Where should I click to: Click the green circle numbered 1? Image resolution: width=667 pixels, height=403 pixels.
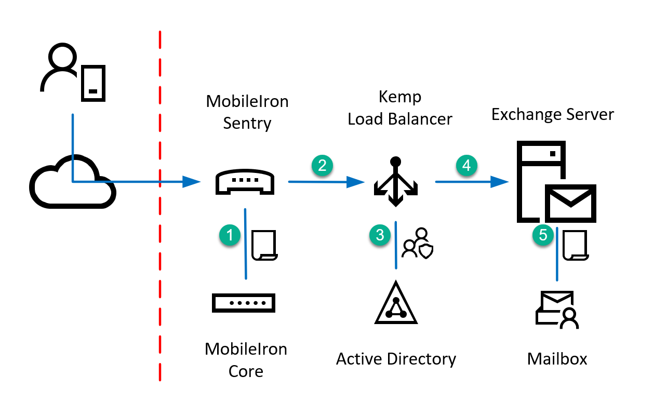(x=230, y=235)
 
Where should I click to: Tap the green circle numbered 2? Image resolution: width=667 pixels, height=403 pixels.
(x=322, y=165)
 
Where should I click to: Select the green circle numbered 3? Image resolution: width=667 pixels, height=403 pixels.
(x=380, y=235)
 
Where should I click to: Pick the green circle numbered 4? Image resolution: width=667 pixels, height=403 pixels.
(x=466, y=165)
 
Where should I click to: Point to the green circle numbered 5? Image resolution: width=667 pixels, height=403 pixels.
(x=543, y=235)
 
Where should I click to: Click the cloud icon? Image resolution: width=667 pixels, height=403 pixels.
(x=72, y=182)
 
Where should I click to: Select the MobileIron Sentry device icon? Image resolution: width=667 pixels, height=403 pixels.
(x=245, y=182)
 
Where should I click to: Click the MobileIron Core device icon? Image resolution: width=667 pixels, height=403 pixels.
(x=244, y=302)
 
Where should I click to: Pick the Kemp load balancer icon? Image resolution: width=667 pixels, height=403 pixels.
(x=396, y=182)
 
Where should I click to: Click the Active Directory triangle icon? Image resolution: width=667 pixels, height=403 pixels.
(x=396, y=305)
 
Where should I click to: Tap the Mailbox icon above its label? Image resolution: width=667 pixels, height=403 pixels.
(x=557, y=310)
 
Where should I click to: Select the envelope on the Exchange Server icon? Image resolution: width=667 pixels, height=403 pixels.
(x=570, y=203)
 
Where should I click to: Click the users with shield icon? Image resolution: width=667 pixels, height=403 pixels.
(x=419, y=244)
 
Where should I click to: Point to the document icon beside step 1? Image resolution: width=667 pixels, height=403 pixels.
(x=264, y=245)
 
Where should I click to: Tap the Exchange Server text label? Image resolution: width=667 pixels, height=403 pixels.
(x=553, y=114)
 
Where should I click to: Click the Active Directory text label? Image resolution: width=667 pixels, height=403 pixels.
(x=396, y=359)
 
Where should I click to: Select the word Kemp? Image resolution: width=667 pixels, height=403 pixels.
(x=400, y=98)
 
